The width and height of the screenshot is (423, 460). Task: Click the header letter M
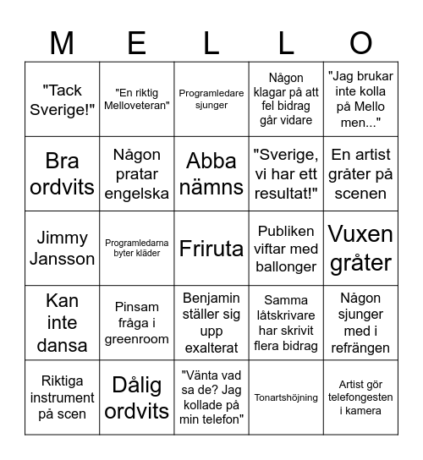click(x=63, y=42)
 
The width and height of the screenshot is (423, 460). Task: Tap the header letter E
click(x=137, y=42)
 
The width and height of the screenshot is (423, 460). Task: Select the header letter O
click(x=360, y=42)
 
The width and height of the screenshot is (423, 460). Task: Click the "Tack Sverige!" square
click(x=63, y=99)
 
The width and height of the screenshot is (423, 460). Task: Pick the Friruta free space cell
click(x=211, y=249)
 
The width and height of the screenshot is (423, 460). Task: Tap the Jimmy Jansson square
click(x=63, y=249)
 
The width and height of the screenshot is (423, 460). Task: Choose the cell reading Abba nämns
click(x=211, y=173)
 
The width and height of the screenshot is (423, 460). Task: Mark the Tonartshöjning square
click(x=286, y=397)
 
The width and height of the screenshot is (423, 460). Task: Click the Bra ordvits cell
click(x=63, y=173)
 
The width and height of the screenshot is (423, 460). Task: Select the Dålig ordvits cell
click(x=137, y=397)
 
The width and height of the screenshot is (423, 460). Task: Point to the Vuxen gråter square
click(x=360, y=249)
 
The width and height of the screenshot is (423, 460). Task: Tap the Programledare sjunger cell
click(x=211, y=99)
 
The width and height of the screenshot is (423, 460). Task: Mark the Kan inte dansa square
click(x=63, y=323)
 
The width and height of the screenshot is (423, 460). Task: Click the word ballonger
click(x=286, y=267)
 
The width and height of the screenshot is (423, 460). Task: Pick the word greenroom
click(x=137, y=339)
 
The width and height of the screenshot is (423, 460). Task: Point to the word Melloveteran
click(x=137, y=106)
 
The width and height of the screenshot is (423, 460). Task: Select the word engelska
click(x=137, y=193)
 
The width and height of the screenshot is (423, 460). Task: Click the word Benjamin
click(x=211, y=298)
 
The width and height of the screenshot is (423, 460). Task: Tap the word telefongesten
click(x=360, y=397)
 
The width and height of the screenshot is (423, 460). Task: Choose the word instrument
click(x=63, y=397)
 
